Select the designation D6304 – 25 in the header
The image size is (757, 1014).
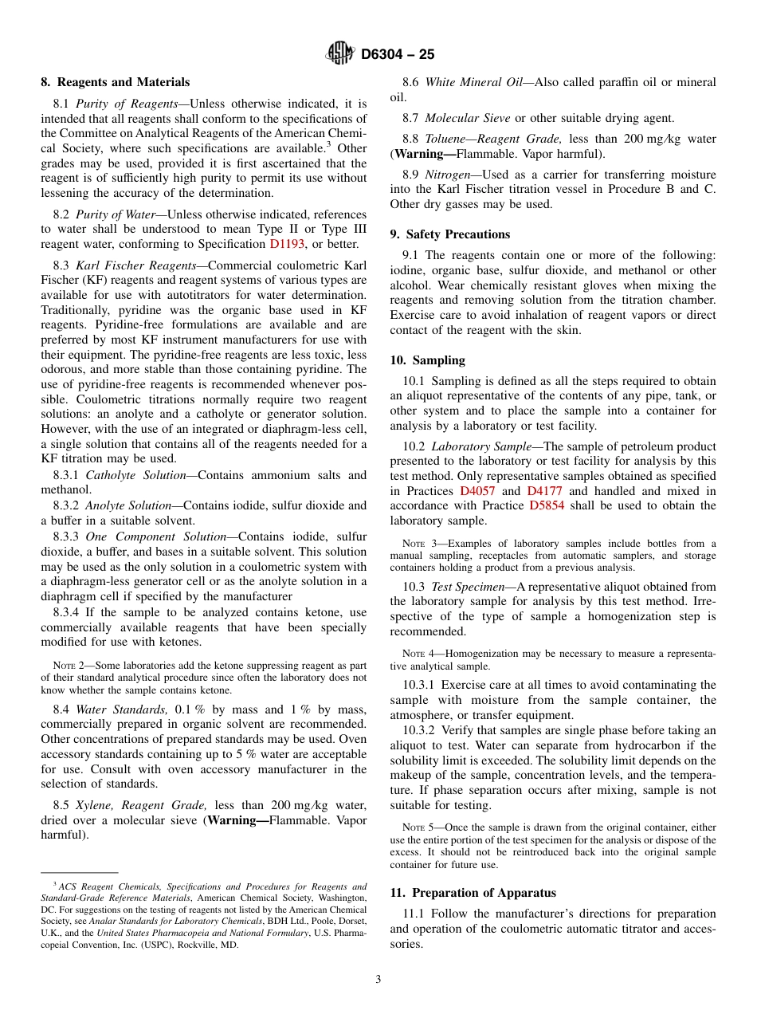click(x=398, y=55)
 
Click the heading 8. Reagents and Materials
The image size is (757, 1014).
click(x=116, y=82)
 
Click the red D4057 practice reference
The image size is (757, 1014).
click(x=479, y=491)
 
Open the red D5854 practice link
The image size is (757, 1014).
click(x=547, y=505)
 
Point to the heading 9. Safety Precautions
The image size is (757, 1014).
click(x=450, y=234)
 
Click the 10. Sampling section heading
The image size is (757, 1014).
click(x=428, y=360)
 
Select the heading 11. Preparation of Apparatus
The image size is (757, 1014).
click(x=473, y=893)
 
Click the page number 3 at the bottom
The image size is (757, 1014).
click(x=378, y=979)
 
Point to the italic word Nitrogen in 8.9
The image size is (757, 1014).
click(x=451, y=175)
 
